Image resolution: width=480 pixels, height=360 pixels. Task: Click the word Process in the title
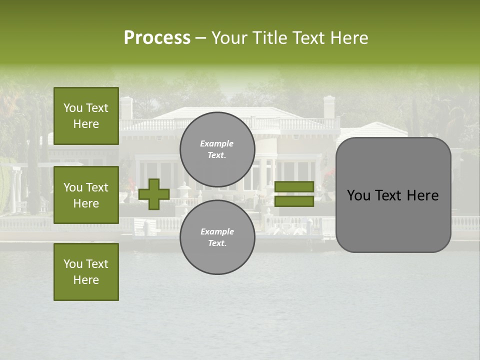(x=157, y=38)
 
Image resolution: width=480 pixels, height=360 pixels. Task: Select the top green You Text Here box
(x=86, y=116)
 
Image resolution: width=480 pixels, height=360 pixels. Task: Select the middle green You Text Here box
(x=86, y=195)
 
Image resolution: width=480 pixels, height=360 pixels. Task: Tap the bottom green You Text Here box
(x=86, y=272)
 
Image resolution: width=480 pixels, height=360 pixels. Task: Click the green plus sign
(x=153, y=194)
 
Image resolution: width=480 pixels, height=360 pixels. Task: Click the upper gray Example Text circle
(x=217, y=149)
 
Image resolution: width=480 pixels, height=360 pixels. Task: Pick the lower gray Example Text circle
(x=217, y=237)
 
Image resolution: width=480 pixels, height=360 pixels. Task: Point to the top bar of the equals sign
(x=294, y=187)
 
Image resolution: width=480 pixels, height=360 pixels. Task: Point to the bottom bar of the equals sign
(x=294, y=201)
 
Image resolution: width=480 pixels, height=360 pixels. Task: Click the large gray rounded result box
(x=393, y=220)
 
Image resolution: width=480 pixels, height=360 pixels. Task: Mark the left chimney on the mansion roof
(x=126, y=107)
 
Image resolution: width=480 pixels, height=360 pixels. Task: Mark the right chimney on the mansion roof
(x=329, y=106)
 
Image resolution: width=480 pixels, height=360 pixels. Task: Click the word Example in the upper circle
(x=217, y=143)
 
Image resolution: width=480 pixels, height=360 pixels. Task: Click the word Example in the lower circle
(x=217, y=231)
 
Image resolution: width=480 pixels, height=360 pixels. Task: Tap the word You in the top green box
(x=72, y=108)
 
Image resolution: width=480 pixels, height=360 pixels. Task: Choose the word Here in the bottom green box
(x=86, y=280)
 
